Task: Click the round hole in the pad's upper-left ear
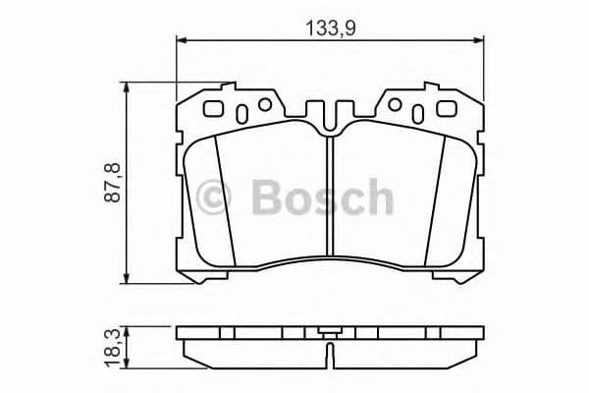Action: coord(263,105)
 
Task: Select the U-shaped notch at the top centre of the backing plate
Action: coord(330,111)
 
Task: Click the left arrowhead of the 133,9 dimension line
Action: coord(181,40)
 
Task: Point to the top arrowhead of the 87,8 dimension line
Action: coord(128,87)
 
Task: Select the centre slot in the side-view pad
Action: coord(330,345)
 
